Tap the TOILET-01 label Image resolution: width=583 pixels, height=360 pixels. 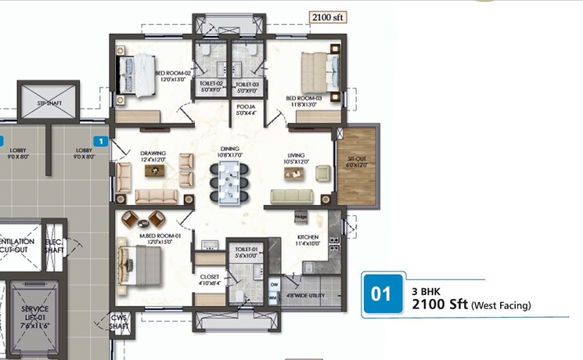click(247, 253)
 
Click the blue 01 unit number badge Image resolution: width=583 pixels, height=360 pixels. click(381, 294)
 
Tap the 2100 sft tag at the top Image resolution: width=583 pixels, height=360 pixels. click(328, 17)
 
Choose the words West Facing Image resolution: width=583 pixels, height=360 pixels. click(501, 306)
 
